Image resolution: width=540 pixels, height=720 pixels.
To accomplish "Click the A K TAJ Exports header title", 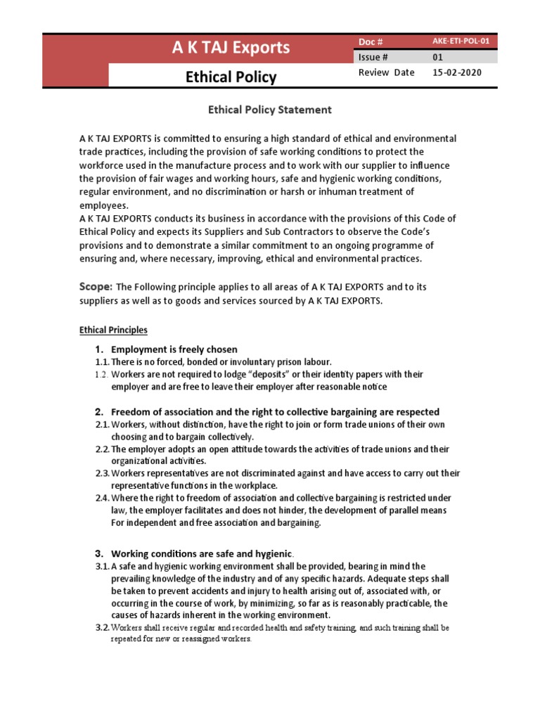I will coord(231,48).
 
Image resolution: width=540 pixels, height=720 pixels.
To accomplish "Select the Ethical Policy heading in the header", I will coord(231,77).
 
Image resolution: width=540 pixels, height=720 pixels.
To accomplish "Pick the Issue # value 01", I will coord(437,58).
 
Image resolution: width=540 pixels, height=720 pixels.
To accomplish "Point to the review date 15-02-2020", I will coord(457,72).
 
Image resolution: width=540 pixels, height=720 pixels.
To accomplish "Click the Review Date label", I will coord(386,72).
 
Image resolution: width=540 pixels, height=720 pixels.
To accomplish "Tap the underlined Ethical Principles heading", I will coord(113,330).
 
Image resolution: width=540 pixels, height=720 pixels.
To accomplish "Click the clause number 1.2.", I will coord(102,375).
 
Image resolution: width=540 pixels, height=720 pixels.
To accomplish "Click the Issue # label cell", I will coord(373,58).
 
